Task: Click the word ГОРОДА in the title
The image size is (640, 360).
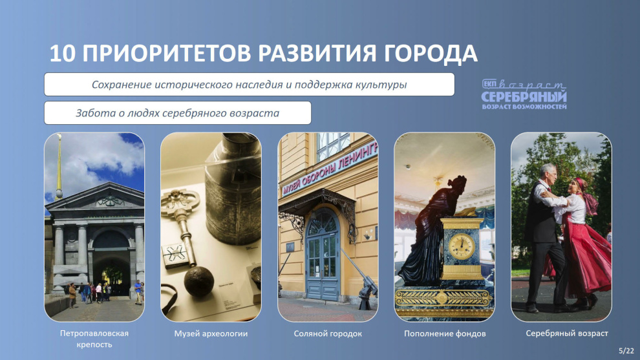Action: pyautogui.click(x=430, y=54)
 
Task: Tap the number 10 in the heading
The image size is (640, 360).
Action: pyautogui.click(x=63, y=54)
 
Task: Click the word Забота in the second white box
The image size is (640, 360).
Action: pyautogui.click(x=96, y=112)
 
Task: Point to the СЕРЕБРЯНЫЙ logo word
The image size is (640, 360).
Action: pyautogui.click(x=524, y=97)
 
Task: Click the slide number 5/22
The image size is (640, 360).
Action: pyautogui.click(x=626, y=350)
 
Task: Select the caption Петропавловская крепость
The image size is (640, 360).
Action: pyautogui.click(x=94, y=339)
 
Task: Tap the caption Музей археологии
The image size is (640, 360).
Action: pyautogui.click(x=211, y=334)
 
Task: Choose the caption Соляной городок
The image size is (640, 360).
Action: pyautogui.click(x=328, y=334)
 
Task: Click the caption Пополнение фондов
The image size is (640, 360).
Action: pyautogui.click(x=445, y=334)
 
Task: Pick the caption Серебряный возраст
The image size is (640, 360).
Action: pyautogui.click(x=567, y=334)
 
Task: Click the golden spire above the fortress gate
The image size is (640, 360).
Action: pyautogui.click(x=59, y=165)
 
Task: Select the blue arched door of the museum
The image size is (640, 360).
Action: pyautogui.click(x=322, y=256)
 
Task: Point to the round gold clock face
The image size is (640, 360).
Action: pyautogui.click(x=462, y=246)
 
